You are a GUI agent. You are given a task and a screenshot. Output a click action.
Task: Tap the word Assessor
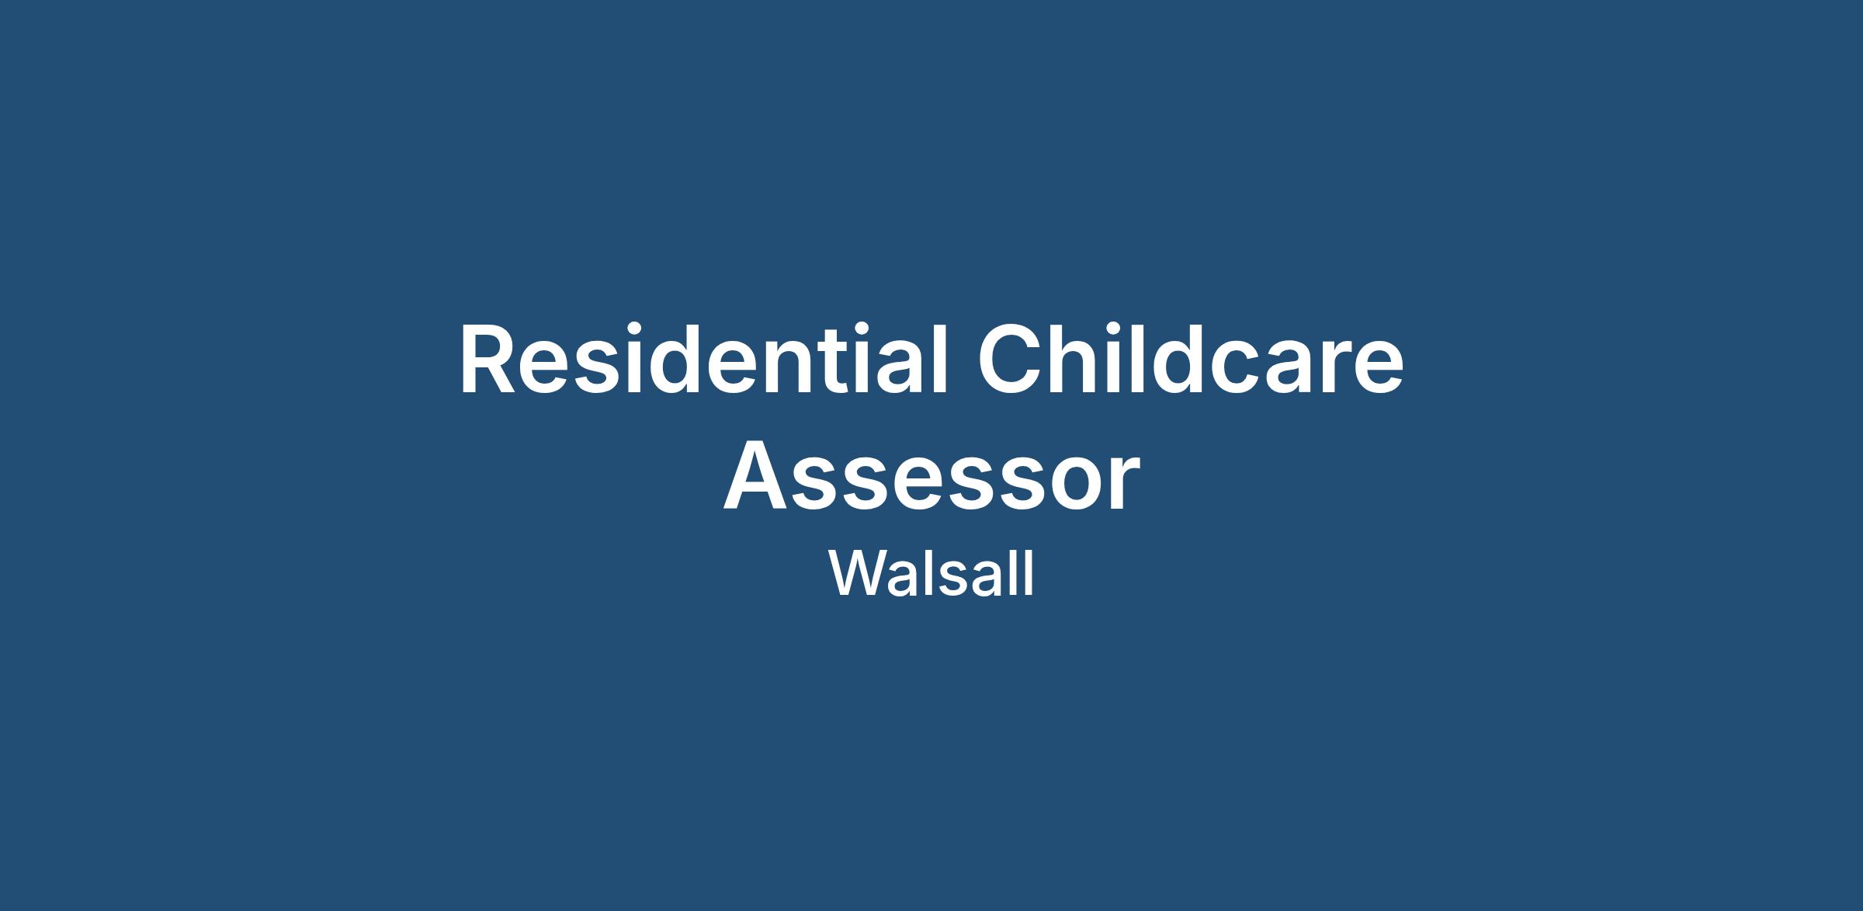(x=931, y=478)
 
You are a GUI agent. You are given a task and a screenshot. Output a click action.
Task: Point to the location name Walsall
(x=931, y=575)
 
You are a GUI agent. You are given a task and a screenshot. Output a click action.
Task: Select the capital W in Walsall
(x=859, y=575)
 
